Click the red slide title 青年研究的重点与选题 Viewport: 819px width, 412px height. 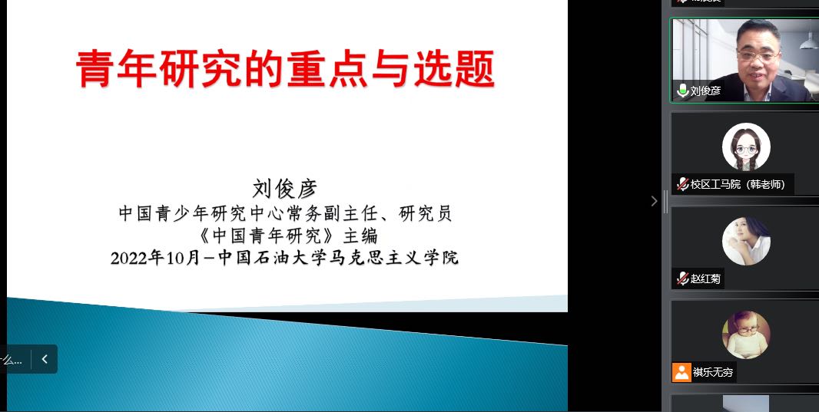pos(285,69)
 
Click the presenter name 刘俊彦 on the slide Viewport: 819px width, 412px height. pos(285,188)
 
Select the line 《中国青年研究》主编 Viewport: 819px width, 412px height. pos(288,236)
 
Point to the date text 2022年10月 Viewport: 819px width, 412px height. pos(156,258)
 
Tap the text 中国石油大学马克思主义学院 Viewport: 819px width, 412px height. pos(338,258)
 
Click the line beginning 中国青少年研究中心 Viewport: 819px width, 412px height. pos(285,213)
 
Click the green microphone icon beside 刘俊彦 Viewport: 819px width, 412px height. pos(682,91)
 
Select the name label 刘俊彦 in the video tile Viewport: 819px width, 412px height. pos(705,91)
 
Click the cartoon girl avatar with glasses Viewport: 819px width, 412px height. pos(746,147)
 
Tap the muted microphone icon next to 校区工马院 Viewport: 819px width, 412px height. pos(682,184)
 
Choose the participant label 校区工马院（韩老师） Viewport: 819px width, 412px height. pos(738,184)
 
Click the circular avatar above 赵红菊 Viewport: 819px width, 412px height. pos(746,241)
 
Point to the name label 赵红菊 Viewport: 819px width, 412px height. pos(705,279)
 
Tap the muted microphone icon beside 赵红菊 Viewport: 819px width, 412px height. pos(682,279)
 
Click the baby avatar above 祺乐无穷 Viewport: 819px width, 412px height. pos(746,335)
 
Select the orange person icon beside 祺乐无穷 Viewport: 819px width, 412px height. pos(681,372)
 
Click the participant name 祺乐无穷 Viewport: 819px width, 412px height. pos(712,372)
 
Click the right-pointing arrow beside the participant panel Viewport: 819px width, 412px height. pos(654,201)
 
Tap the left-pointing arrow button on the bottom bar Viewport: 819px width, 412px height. pos(45,359)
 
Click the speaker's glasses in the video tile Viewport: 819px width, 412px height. pos(758,56)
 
